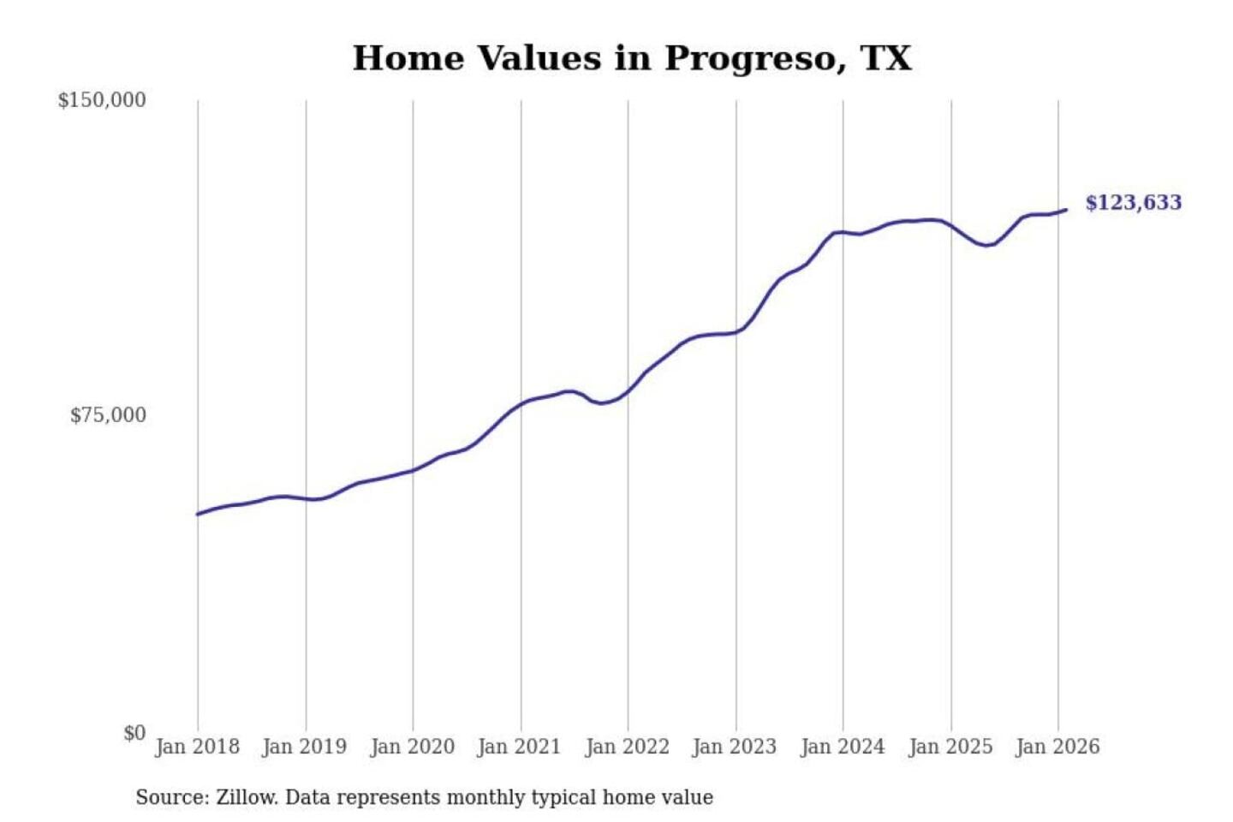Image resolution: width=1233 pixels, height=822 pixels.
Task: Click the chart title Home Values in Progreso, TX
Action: [x=632, y=58]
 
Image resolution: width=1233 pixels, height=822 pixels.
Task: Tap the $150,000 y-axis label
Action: [x=102, y=100]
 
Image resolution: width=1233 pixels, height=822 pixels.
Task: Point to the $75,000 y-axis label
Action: [x=108, y=415]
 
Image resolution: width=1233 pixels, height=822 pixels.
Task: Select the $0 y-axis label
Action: [x=134, y=733]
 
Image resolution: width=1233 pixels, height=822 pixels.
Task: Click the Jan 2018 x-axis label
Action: [x=197, y=747]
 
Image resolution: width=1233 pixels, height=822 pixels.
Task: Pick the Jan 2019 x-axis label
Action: [x=305, y=747]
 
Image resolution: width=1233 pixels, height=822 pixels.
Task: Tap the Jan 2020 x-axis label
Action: [x=412, y=747]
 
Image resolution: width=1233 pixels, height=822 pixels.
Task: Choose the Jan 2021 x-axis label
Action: [x=519, y=747]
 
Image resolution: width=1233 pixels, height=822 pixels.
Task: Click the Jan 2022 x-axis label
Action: [x=627, y=747]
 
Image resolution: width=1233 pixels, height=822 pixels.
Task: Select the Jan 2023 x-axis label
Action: [x=734, y=747]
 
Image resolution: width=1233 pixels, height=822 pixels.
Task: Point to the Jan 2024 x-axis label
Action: [x=842, y=747]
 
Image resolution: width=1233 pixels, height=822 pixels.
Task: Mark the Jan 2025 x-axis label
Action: [x=950, y=747]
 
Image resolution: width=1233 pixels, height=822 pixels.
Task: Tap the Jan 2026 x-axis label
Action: [x=1057, y=747]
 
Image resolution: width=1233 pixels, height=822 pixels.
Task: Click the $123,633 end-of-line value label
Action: [x=1133, y=203]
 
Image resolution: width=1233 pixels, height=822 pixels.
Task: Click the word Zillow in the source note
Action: [x=246, y=798]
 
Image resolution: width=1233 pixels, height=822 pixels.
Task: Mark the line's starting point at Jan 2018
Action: [x=198, y=514]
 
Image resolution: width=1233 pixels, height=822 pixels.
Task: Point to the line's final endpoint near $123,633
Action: [x=1066, y=210]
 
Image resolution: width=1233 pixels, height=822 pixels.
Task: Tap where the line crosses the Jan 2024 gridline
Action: [x=843, y=232]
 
